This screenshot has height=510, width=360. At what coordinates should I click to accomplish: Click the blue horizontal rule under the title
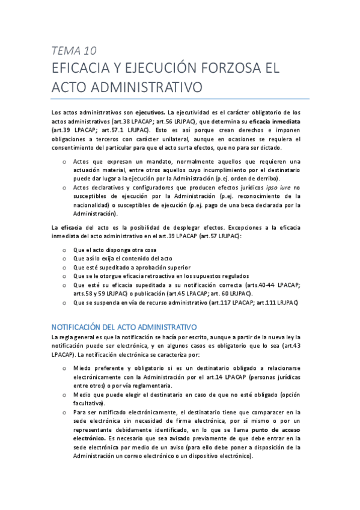click(180, 99)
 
